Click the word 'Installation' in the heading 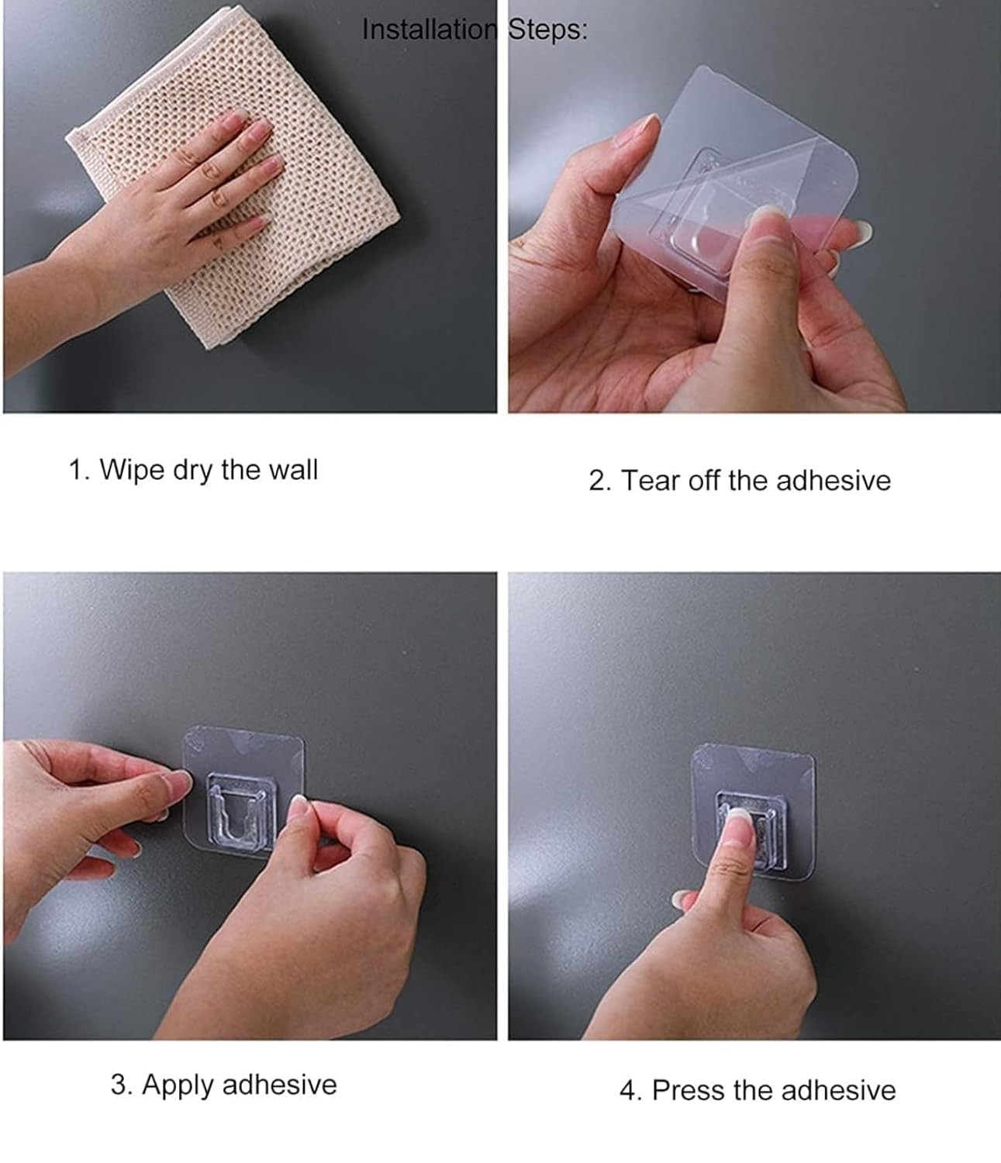(x=429, y=29)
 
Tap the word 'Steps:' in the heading (x=547, y=30)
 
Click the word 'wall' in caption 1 (x=293, y=469)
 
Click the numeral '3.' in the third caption (x=122, y=1085)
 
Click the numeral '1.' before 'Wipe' (x=79, y=470)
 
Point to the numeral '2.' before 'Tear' (x=600, y=481)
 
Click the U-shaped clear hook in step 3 (x=241, y=811)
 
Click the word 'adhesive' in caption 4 (x=838, y=1091)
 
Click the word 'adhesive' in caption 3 (x=280, y=1085)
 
